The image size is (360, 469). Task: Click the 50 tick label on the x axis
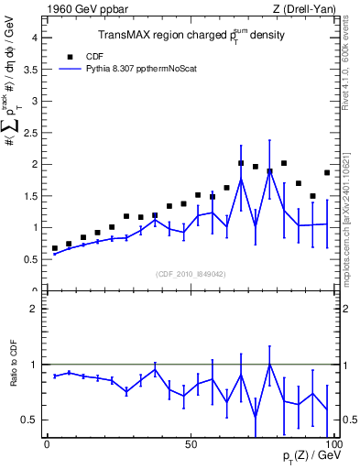pyautogui.click(x=191, y=443)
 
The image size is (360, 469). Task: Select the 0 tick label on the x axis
pyautogui.click(x=48, y=443)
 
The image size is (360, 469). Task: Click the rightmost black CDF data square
pyautogui.click(x=327, y=172)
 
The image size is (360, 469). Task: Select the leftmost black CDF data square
pyautogui.click(x=55, y=248)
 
